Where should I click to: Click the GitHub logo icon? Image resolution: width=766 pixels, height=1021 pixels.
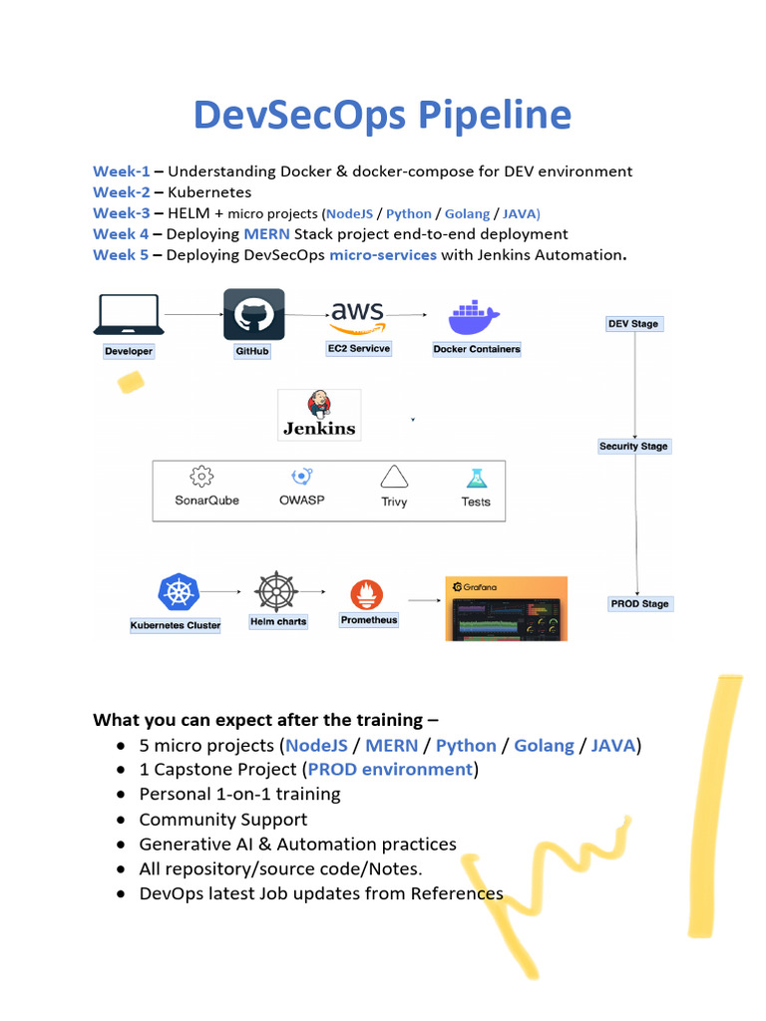point(254,314)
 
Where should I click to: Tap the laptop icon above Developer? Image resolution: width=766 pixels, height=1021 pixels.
point(129,314)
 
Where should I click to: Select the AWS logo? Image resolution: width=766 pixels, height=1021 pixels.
point(358,317)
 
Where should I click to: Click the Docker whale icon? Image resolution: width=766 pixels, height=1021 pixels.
point(474,317)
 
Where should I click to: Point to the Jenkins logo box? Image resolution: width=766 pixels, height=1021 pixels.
point(319,415)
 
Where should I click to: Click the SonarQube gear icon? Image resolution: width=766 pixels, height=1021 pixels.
point(201,477)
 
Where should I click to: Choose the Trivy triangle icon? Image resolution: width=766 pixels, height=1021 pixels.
point(394,477)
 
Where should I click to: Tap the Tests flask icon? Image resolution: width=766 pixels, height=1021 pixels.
point(477,479)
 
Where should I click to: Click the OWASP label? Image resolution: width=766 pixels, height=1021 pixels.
point(301,501)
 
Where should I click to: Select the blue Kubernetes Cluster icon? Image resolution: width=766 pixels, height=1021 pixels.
point(179,592)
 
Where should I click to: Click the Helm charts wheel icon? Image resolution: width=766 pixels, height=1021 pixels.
point(276,591)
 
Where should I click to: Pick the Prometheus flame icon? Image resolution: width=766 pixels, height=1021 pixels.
point(367,594)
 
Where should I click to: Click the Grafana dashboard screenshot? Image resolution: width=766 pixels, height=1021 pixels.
point(506,608)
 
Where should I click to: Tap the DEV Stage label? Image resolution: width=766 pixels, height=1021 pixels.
point(633,324)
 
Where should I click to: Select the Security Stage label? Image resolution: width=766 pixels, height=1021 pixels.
point(633,446)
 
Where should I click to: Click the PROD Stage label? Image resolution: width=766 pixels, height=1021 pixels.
point(639,603)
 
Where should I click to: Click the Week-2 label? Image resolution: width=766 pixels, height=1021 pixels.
point(121,192)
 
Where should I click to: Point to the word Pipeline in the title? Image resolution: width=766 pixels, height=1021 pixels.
point(495,116)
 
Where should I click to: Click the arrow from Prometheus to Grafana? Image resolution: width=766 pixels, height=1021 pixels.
point(425,600)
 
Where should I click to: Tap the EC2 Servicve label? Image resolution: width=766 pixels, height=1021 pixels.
point(359,348)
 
